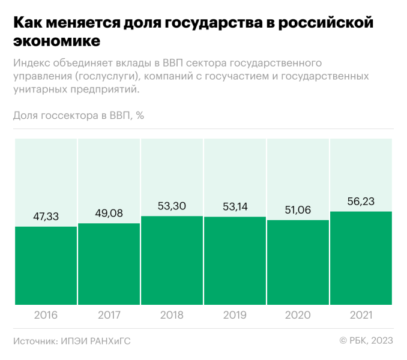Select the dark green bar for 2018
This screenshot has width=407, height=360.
[172, 260]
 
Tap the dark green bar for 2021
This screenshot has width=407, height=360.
[361, 258]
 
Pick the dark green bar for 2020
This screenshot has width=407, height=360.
[298, 263]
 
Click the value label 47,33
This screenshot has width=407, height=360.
[46, 217]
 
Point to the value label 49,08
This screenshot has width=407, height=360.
[109, 213]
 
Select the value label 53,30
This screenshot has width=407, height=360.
[172, 206]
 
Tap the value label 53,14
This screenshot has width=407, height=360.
[235, 206]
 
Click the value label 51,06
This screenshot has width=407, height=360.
[298, 210]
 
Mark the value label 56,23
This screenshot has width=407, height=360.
[361, 201]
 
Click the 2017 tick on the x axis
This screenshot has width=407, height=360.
[109, 315]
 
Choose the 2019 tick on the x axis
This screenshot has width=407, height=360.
[235, 315]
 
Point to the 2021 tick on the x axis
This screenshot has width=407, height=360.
[361, 315]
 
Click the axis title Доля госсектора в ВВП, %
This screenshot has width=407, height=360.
[79, 116]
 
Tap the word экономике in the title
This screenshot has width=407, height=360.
[56, 41]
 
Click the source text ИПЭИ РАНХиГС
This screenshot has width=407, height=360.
[95, 341]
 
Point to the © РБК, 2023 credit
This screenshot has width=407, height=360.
[366, 341]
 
